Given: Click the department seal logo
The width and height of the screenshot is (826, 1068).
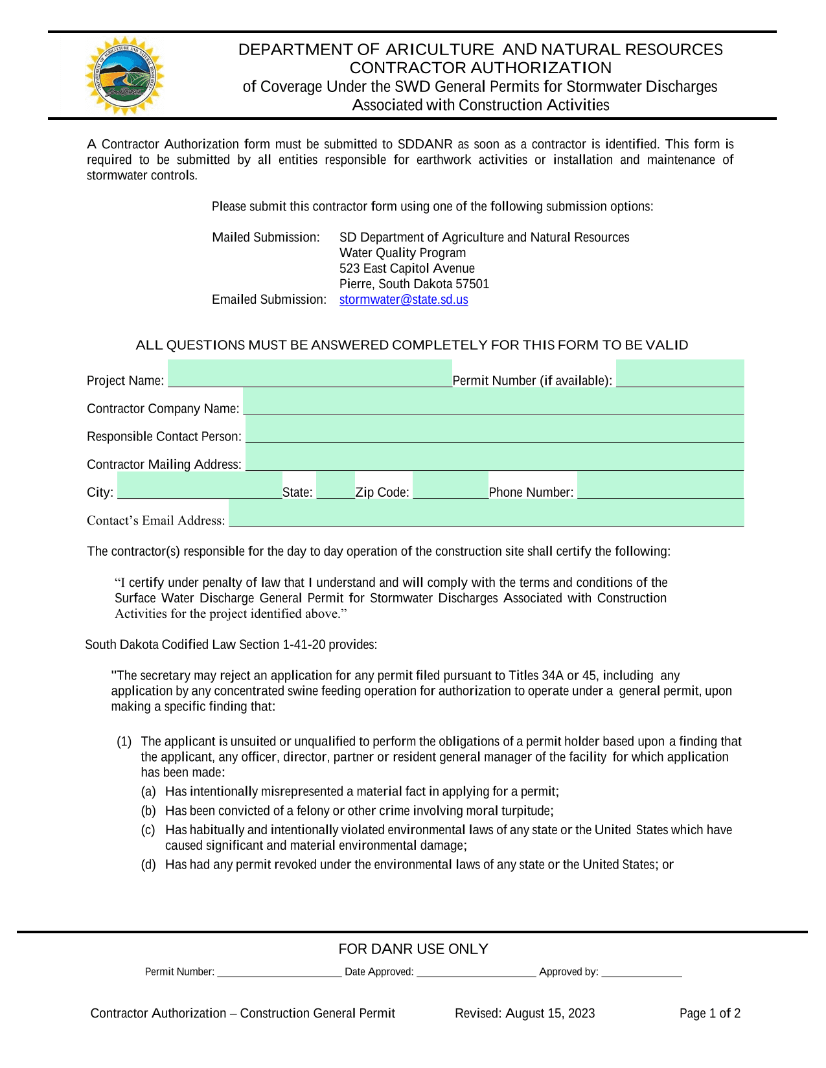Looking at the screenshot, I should coord(124,76).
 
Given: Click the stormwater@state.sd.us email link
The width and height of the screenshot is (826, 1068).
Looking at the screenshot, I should coord(404,300).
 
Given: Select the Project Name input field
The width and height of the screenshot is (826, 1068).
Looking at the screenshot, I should coord(310,374).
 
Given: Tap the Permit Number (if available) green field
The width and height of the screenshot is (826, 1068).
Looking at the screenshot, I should coord(680,374).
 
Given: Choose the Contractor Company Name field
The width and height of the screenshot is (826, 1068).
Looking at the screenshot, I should coord(493,402).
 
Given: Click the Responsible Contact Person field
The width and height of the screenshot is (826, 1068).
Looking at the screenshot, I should coord(494,429).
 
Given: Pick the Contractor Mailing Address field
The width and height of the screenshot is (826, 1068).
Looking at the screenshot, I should coord(494,457).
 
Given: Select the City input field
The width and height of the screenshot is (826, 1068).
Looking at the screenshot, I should coord(200,485).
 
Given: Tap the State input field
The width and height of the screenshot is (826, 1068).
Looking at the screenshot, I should coord(336,485).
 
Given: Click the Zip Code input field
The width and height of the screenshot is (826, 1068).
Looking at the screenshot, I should coord(450,485).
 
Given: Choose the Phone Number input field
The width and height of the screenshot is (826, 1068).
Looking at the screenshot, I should coord(660,485).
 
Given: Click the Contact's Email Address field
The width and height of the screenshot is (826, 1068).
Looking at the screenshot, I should coord(486,513).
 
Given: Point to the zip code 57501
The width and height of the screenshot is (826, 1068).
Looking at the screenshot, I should coord(472,284).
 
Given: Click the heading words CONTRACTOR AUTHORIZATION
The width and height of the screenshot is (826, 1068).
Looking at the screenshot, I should coord(480,68).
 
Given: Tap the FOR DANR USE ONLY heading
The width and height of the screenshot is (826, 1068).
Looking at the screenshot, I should coord(413,949).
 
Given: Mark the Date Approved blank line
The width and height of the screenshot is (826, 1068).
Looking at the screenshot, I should coord(476,971).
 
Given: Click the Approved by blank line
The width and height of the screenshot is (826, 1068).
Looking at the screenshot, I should coord(641,971).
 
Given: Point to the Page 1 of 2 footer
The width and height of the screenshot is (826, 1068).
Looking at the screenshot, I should coord(709,1014).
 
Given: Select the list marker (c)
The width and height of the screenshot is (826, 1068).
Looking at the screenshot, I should coord(148,830).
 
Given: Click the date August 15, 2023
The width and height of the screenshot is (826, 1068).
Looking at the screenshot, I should coord(550,1014).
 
